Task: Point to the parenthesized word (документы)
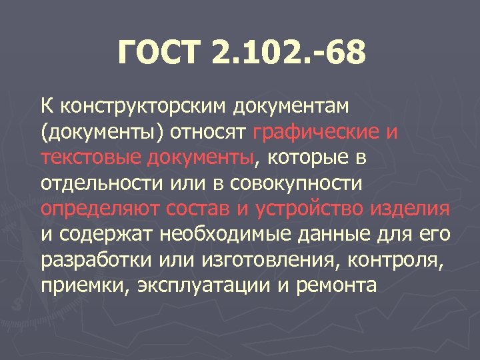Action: pos(93,132)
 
